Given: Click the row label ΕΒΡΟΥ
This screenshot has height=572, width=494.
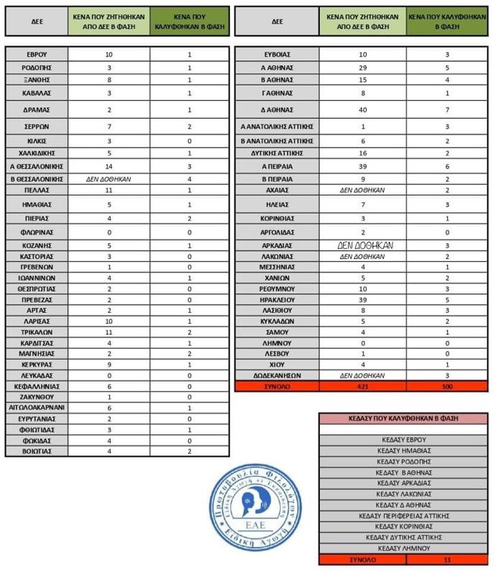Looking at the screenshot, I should click(x=37, y=55).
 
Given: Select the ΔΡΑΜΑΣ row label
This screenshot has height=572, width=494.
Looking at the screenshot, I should click(x=37, y=109).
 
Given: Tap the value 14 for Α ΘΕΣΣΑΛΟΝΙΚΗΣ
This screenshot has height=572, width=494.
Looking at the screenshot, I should click(x=109, y=166).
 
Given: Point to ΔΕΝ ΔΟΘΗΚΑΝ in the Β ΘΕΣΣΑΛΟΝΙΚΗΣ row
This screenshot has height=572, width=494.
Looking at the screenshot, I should click(x=109, y=178).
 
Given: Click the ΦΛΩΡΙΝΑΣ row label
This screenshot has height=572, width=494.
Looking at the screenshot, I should click(x=37, y=233).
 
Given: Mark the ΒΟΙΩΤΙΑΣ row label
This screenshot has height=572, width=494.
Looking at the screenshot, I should click(x=37, y=451).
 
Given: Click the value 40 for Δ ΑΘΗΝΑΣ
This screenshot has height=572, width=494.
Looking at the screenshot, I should click(x=362, y=110).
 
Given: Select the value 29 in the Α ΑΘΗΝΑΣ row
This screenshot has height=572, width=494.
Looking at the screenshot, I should click(x=362, y=68).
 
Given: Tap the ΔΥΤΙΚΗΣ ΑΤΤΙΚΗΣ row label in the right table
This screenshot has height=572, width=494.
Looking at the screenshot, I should click(x=277, y=153).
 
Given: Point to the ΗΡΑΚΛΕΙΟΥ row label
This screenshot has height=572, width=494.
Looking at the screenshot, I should click(x=277, y=298).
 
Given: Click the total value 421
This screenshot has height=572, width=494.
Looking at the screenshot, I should click(x=362, y=387).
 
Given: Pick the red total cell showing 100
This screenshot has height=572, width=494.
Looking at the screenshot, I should click(x=447, y=387).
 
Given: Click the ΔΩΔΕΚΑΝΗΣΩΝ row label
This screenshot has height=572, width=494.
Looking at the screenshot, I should click(x=277, y=375).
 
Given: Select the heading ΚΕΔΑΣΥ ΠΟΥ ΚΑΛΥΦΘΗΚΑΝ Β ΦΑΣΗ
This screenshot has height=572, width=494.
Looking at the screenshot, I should click(x=403, y=419).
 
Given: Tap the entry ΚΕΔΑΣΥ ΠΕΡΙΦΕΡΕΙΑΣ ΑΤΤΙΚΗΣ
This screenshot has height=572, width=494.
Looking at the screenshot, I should click(x=403, y=516).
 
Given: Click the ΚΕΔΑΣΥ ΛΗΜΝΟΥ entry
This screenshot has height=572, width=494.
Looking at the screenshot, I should click(x=403, y=548).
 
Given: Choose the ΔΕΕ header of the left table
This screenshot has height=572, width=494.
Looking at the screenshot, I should click(x=37, y=22).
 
